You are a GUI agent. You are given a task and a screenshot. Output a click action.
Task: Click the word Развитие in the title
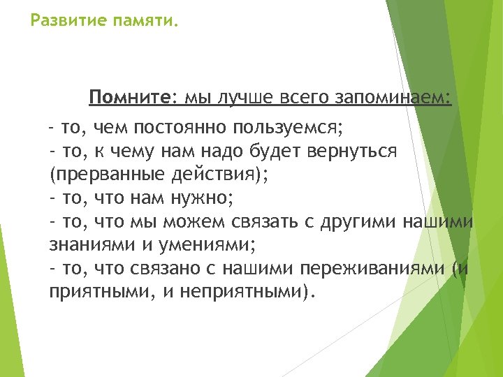[65, 21]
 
